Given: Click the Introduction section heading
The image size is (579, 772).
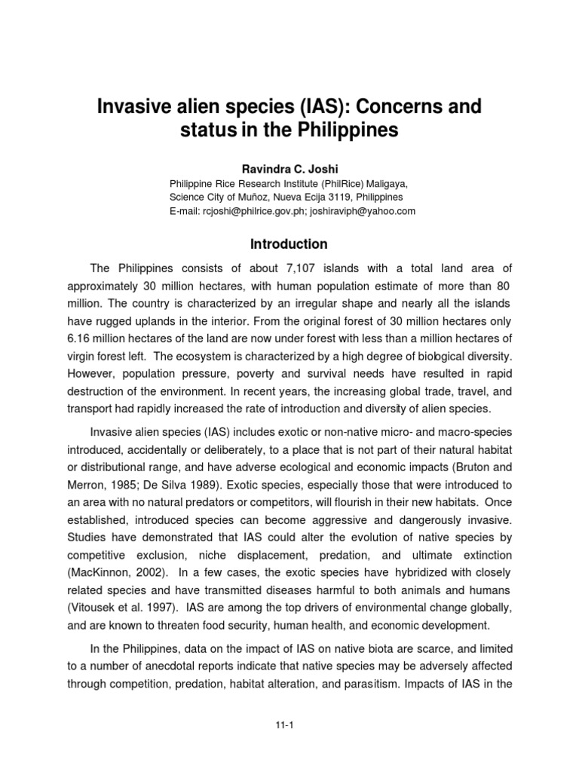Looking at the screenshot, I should click(x=289, y=244).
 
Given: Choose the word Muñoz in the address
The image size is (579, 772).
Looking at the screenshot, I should click(x=241, y=197).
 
